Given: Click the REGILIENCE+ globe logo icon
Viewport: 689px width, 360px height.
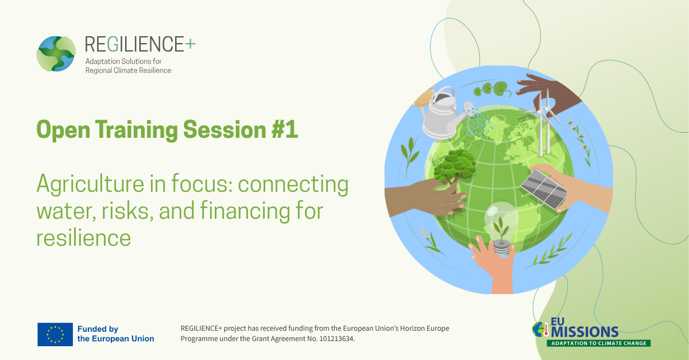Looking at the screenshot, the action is click(x=56, y=54).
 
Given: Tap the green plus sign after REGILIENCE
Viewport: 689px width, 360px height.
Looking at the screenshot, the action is click(x=190, y=44).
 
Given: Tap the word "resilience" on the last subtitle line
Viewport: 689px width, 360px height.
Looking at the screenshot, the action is click(x=84, y=238).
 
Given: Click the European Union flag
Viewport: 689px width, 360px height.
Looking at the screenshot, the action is click(x=55, y=335).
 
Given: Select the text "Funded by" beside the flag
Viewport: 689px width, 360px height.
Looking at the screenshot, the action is click(x=98, y=329).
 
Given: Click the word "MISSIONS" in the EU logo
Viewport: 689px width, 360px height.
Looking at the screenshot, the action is click(x=585, y=332).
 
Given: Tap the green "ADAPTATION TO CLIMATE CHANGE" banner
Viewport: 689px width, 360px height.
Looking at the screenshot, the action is click(x=598, y=343).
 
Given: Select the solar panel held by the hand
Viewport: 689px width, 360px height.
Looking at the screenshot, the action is click(x=544, y=189).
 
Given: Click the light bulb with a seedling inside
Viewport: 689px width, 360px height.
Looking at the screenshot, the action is click(x=501, y=227).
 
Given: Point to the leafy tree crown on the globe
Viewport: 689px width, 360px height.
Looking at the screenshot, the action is click(x=455, y=166).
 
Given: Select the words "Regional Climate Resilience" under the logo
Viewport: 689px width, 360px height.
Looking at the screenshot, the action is click(x=128, y=71).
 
